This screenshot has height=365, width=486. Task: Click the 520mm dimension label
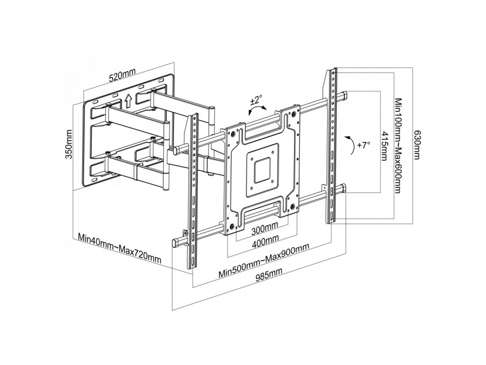(x=122, y=75)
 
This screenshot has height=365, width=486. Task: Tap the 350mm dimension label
(x=69, y=144)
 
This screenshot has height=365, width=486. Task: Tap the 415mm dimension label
(x=384, y=146)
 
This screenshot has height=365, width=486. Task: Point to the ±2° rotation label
(x=256, y=101)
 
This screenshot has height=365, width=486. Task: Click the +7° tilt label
(x=364, y=145)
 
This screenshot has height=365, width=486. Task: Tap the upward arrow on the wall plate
(x=128, y=100)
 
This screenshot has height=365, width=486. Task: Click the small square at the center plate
(x=262, y=169)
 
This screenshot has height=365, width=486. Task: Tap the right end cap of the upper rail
(x=344, y=96)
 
